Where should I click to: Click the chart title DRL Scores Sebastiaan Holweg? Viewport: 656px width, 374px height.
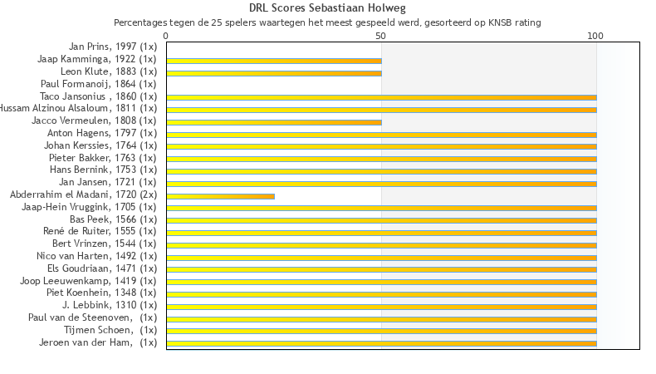(x=327, y=8)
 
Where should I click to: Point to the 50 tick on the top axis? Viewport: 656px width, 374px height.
(x=381, y=37)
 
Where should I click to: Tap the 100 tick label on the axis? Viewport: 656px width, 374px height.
(x=595, y=37)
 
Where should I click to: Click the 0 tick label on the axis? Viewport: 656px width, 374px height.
(x=166, y=37)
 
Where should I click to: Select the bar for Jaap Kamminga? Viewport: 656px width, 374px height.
(x=274, y=61)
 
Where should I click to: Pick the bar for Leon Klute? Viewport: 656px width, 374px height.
(x=274, y=73)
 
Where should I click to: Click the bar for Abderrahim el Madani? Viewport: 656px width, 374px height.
(x=220, y=196)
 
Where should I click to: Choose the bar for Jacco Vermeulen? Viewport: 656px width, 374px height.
(x=274, y=122)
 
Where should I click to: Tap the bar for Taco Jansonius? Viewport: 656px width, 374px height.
(x=381, y=97)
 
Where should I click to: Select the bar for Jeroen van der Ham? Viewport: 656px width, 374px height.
(x=381, y=343)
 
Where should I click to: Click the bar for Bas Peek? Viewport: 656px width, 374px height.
(x=381, y=220)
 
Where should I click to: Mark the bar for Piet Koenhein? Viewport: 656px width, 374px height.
(x=381, y=294)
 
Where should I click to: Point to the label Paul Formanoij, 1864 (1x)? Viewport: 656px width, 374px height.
(x=98, y=84)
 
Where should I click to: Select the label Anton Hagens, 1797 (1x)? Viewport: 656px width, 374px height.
(x=101, y=133)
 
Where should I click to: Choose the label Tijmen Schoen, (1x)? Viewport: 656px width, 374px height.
(x=110, y=330)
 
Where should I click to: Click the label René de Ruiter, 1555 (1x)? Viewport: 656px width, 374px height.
(x=100, y=231)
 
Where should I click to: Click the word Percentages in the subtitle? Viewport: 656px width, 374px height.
(x=140, y=22)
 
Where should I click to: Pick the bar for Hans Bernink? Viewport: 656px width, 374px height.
(x=381, y=171)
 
